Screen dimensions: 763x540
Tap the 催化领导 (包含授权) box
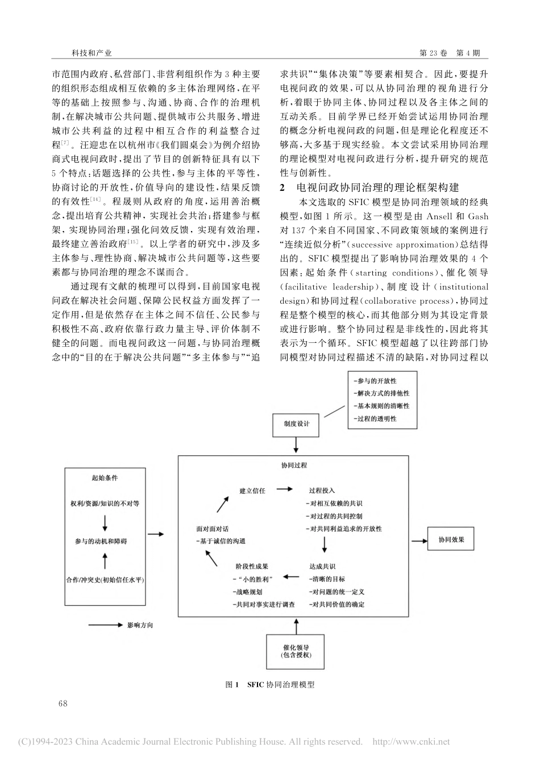point(296,651)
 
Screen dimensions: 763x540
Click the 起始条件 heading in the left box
point(105,478)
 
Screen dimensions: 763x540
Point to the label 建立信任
point(252,491)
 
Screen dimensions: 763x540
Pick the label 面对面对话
point(212,528)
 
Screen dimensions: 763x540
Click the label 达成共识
point(322,566)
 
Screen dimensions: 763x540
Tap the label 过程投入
point(322,491)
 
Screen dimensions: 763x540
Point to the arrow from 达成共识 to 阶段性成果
point(291,577)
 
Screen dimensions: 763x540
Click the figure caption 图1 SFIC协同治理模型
point(269,685)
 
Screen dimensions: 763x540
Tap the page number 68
point(63,704)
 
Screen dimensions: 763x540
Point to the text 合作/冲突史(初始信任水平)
point(105,580)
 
